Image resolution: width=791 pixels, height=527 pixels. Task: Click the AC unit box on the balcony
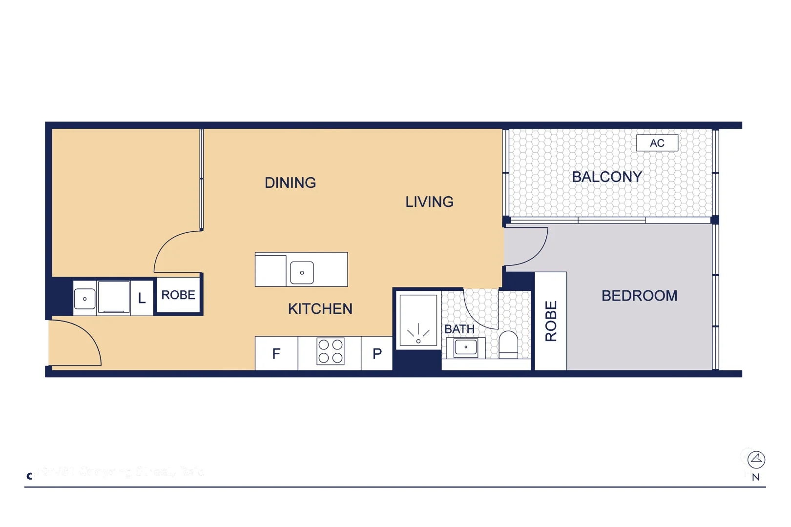pyautogui.click(x=657, y=143)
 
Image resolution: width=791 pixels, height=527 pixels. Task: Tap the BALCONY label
pyautogui.click(x=606, y=177)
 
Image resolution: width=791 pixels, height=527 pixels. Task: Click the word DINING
pyautogui.click(x=290, y=182)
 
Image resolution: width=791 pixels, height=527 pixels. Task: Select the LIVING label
pyautogui.click(x=429, y=202)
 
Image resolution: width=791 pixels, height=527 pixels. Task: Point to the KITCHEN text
pyautogui.click(x=320, y=308)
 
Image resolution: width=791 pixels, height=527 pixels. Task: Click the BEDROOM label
pyautogui.click(x=639, y=295)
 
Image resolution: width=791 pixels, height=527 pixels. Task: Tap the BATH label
pyautogui.click(x=459, y=329)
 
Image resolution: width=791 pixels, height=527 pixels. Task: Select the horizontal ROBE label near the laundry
pyautogui.click(x=178, y=295)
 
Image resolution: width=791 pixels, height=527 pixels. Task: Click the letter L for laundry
pyautogui.click(x=142, y=298)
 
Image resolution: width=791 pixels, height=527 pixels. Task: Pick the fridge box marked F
pyautogui.click(x=276, y=353)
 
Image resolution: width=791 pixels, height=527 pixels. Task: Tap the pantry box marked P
pyautogui.click(x=376, y=353)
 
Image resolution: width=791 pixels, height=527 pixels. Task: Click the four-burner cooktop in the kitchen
pyautogui.click(x=331, y=351)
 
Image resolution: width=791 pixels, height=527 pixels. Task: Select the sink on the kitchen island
pyautogui.click(x=302, y=273)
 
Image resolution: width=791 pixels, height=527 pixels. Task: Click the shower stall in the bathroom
pyautogui.click(x=418, y=321)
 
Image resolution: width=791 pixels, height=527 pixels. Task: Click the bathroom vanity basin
pyautogui.click(x=465, y=347)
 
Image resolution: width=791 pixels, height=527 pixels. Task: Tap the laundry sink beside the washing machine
pyautogui.click(x=84, y=299)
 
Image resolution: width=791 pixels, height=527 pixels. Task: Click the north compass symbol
pyautogui.click(x=756, y=459)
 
